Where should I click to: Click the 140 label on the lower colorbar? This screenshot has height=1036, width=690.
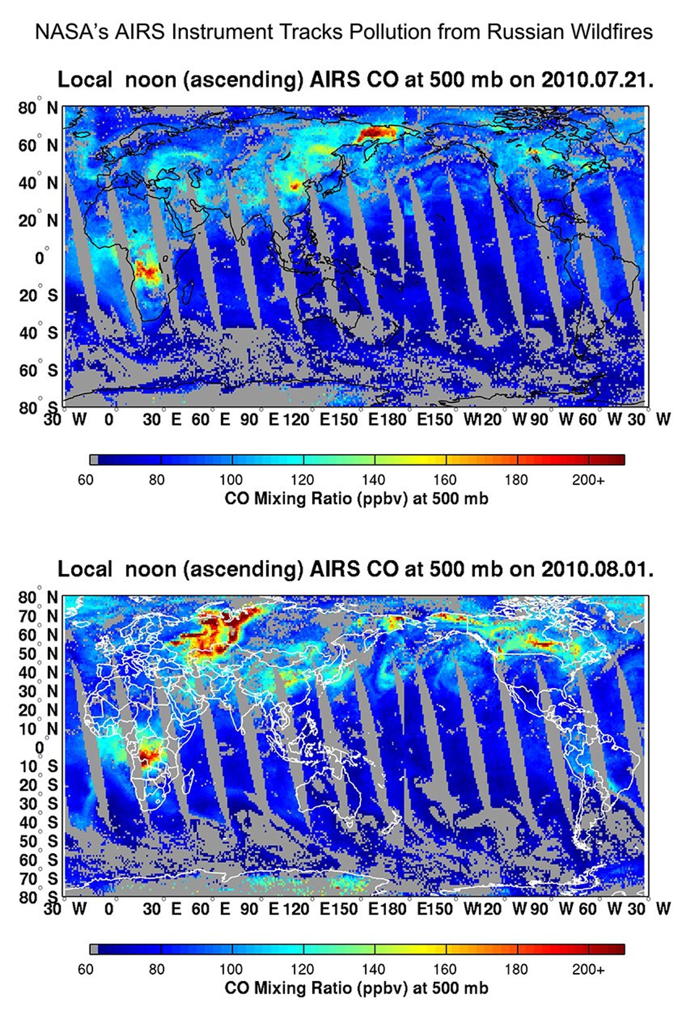374,969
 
